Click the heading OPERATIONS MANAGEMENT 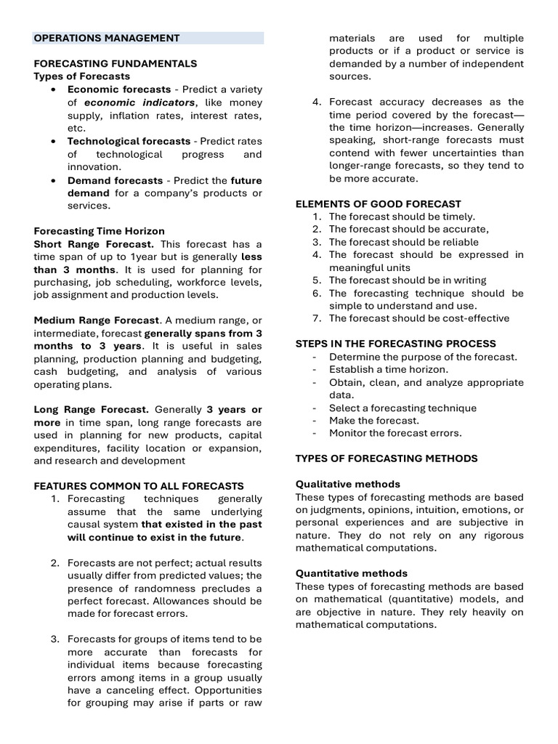coord(106,38)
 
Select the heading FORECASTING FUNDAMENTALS coord(115,64)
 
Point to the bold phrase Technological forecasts coord(129,141)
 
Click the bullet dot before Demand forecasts coord(54,180)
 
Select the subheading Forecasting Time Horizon coord(100,231)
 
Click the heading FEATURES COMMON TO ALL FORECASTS coord(139,486)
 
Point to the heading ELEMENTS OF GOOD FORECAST coord(378,204)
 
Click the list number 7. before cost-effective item coord(317,318)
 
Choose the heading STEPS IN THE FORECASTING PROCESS coord(395,344)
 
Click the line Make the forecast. coord(373,421)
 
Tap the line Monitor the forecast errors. coord(395,433)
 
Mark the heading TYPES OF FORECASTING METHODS coord(387,458)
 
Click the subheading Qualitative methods coord(347,484)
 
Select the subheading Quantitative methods coord(351,573)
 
